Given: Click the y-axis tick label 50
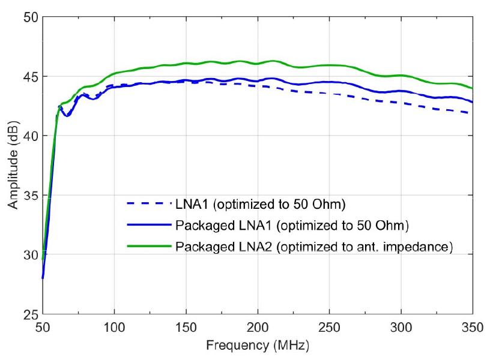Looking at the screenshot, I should click(29, 18).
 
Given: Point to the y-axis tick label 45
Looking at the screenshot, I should click(29, 77).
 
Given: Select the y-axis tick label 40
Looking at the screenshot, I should click(29, 136).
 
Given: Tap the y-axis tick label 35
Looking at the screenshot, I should click(29, 196).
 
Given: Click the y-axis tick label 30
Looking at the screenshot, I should click(29, 255).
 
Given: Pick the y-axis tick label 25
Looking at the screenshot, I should click(29, 314).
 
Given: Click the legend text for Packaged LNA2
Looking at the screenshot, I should click(313, 247).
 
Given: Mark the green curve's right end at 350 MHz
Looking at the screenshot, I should click(472, 88).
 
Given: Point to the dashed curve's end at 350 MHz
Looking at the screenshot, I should click(472, 113).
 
